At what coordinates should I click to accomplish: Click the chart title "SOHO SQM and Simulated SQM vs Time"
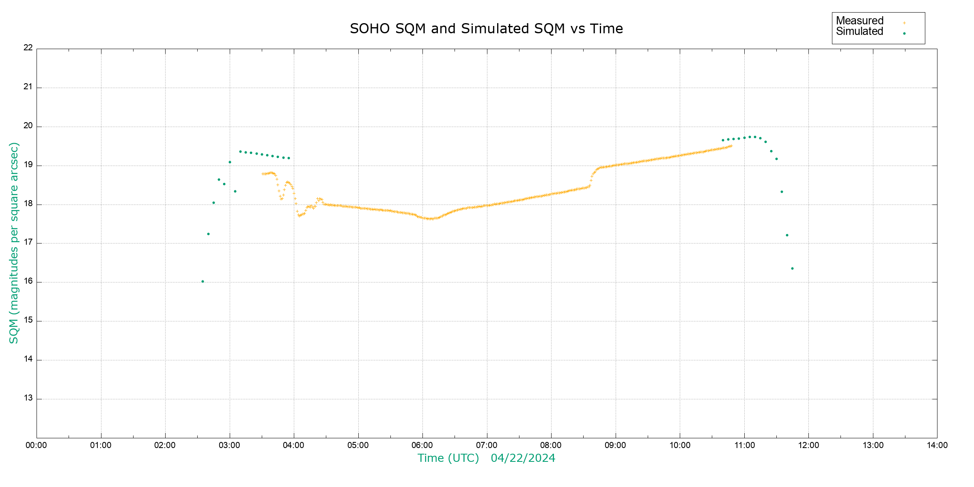tap(486, 29)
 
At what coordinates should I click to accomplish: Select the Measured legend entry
tap(860, 21)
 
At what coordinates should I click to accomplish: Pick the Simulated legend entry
tap(860, 32)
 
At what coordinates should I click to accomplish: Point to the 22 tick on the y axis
tap(28, 47)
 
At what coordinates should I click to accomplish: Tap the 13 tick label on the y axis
tap(28, 398)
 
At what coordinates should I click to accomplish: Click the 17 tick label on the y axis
tap(28, 242)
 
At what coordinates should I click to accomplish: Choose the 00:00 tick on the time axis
tap(37, 445)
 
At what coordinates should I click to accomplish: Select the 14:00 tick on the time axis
tap(937, 445)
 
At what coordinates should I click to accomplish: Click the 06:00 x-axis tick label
tap(422, 445)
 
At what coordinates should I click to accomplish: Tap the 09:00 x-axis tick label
tap(615, 445)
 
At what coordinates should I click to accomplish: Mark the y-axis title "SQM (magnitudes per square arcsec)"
tap(14, 243)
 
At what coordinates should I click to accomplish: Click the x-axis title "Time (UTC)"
tap(448, 458)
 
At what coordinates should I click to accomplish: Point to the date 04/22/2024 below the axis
tap(523, 458)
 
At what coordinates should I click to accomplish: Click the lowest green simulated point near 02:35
tap(203, 281)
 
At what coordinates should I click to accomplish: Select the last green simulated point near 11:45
tap(792, 268)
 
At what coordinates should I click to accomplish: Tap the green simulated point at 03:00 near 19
tap(230, 162)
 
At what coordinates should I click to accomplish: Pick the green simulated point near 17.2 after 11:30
tap(787, 235)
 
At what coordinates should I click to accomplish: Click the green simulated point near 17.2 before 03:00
tap(208, 234)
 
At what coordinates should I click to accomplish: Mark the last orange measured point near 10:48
tap(731, 146)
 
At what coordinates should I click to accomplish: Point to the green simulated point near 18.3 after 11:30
tap(782, 192)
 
